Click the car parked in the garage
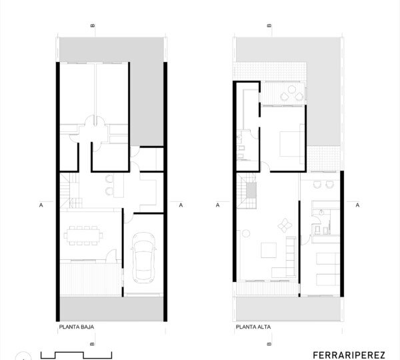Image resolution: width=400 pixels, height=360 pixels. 143,258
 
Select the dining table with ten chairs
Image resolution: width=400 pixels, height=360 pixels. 83,235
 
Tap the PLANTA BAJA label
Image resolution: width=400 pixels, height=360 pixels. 77,327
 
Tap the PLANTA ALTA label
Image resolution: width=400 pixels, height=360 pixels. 253,327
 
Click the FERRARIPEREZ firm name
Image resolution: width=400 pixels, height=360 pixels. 349,355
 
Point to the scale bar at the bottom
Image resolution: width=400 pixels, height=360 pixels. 76,355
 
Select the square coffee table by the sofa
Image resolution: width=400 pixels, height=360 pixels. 269,250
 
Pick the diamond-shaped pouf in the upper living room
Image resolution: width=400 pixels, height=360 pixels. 285,225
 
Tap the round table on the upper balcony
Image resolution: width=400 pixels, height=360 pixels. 291,89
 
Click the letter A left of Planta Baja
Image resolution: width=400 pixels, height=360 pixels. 41,205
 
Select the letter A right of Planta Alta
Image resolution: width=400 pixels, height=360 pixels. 357,205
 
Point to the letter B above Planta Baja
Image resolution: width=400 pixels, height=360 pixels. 93,25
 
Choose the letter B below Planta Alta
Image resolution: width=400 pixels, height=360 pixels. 269,344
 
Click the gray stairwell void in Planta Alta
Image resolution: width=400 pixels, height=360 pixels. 251,190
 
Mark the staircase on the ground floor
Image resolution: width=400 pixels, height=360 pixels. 70,190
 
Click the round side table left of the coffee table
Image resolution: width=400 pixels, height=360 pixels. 246,233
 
